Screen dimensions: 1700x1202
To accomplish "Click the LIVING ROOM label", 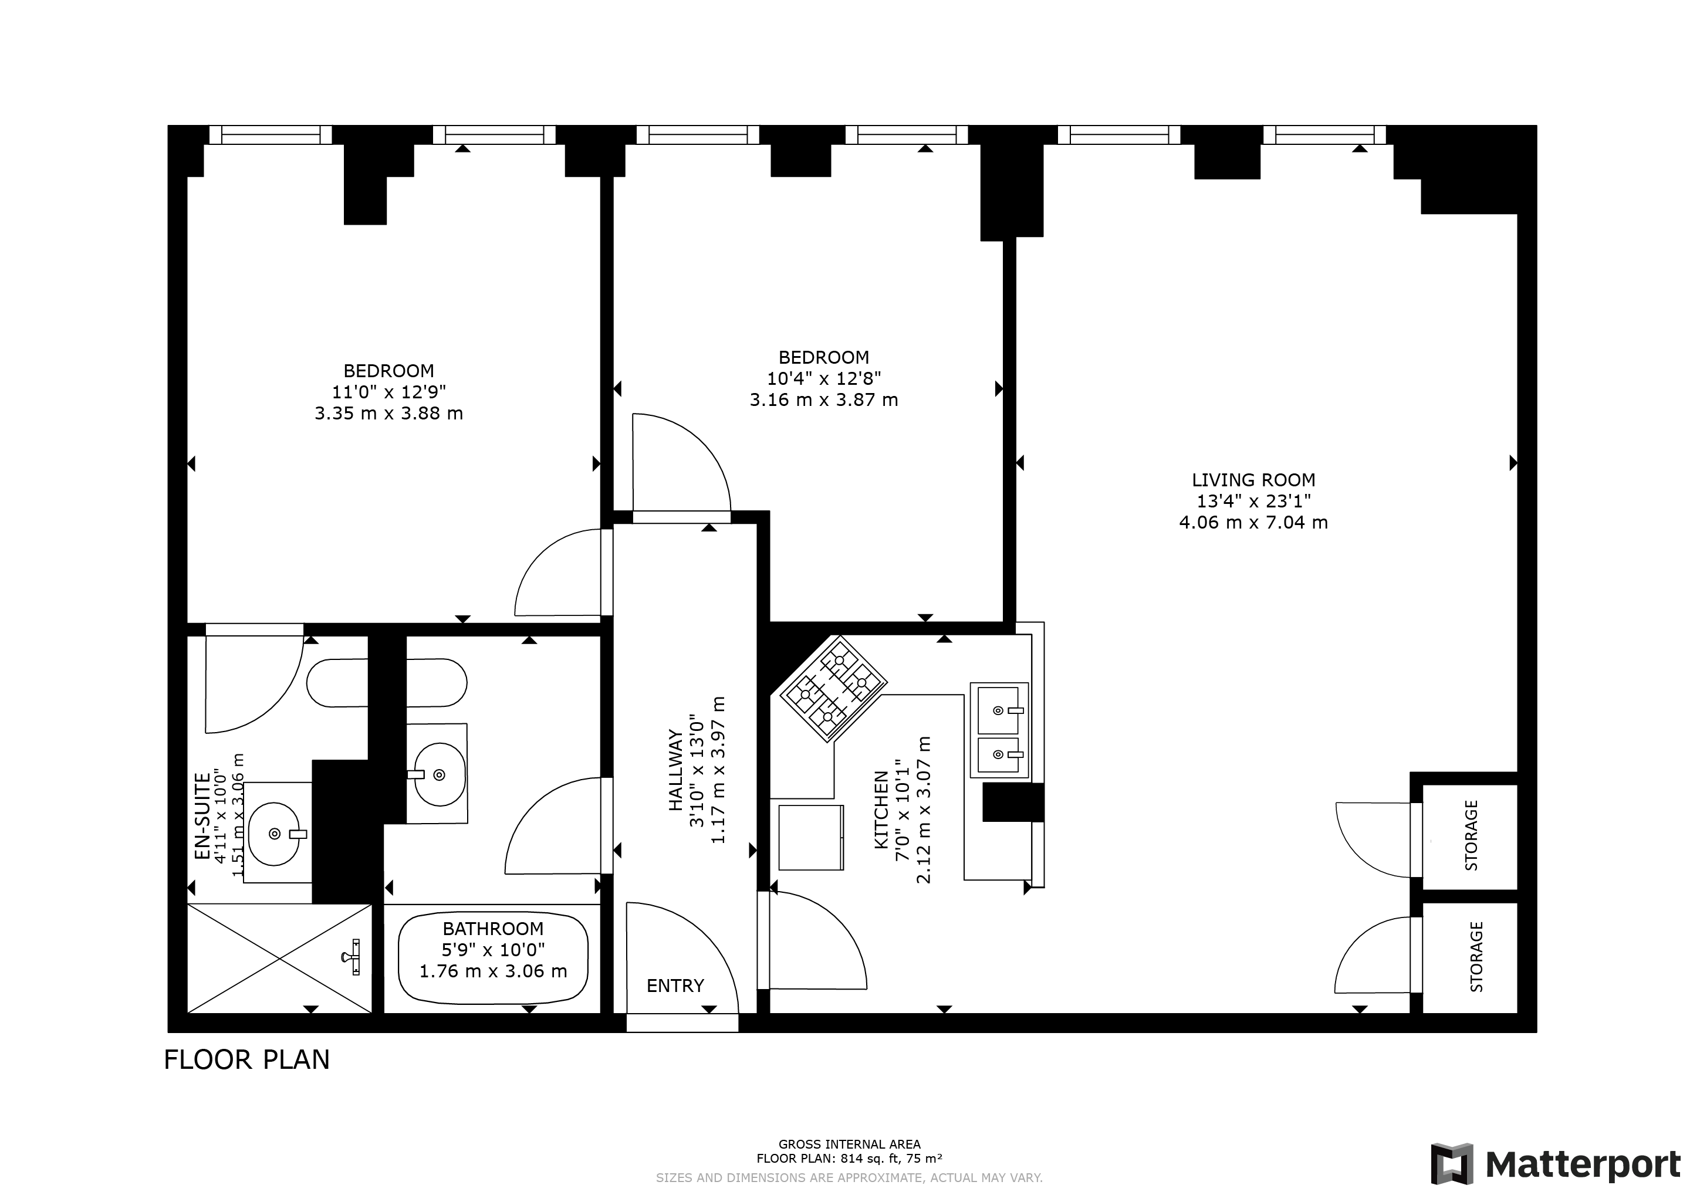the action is [x=1253, y=480].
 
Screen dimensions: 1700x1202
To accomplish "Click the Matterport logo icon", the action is [x=1451, y=1163].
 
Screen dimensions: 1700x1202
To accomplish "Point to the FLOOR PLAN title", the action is [x=246, y=1060].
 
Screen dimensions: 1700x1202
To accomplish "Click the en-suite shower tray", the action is [x=279, y=958].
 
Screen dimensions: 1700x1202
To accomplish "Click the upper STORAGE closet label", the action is [x=1471, y=835].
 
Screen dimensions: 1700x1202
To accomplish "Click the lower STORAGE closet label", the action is [x=1476, y=956].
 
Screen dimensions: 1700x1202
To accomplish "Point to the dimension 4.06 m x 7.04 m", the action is [x=1253, y=523].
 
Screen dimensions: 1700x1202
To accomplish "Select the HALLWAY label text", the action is [x=675, y=770].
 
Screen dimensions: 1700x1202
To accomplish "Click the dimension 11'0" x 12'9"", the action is [x=388, y=391].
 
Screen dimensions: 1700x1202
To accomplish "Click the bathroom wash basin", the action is [x=440, y=774].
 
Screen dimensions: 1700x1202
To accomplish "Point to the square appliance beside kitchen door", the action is [x=811, y=837].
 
